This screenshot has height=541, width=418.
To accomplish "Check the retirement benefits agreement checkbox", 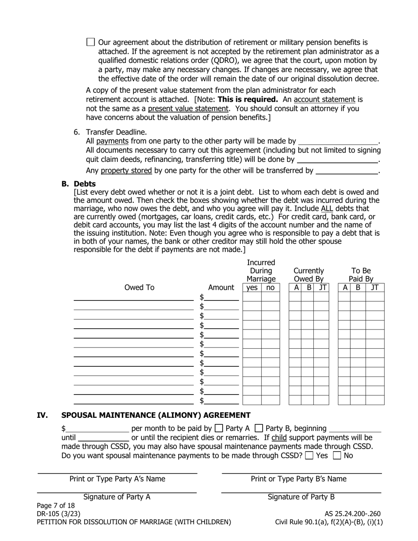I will click(91, 42).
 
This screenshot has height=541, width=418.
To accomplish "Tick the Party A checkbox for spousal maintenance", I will click(219, 428).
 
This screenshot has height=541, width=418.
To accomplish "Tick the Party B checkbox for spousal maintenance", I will click(259, 428).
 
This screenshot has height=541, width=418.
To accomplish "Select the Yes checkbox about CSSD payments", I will click(309, 456).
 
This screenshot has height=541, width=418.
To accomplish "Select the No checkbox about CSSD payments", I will click(337, 456).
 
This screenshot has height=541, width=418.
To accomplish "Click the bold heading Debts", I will click(84, 184).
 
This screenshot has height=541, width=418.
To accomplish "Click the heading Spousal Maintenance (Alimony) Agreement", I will click(156, 415).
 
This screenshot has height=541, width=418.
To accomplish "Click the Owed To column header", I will click(139, 288).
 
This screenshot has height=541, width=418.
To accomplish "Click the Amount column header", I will click(221, 288).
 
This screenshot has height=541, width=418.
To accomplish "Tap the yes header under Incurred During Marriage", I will click(252, 288).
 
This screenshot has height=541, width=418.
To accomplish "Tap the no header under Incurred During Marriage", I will click(270, 288).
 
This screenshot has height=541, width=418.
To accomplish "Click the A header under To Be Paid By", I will click(345, 288).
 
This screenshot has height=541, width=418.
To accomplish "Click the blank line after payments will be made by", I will click(338, 142).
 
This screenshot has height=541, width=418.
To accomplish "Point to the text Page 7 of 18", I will click(56, 505).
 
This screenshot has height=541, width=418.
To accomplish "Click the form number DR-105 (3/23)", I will click(59, 514).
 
